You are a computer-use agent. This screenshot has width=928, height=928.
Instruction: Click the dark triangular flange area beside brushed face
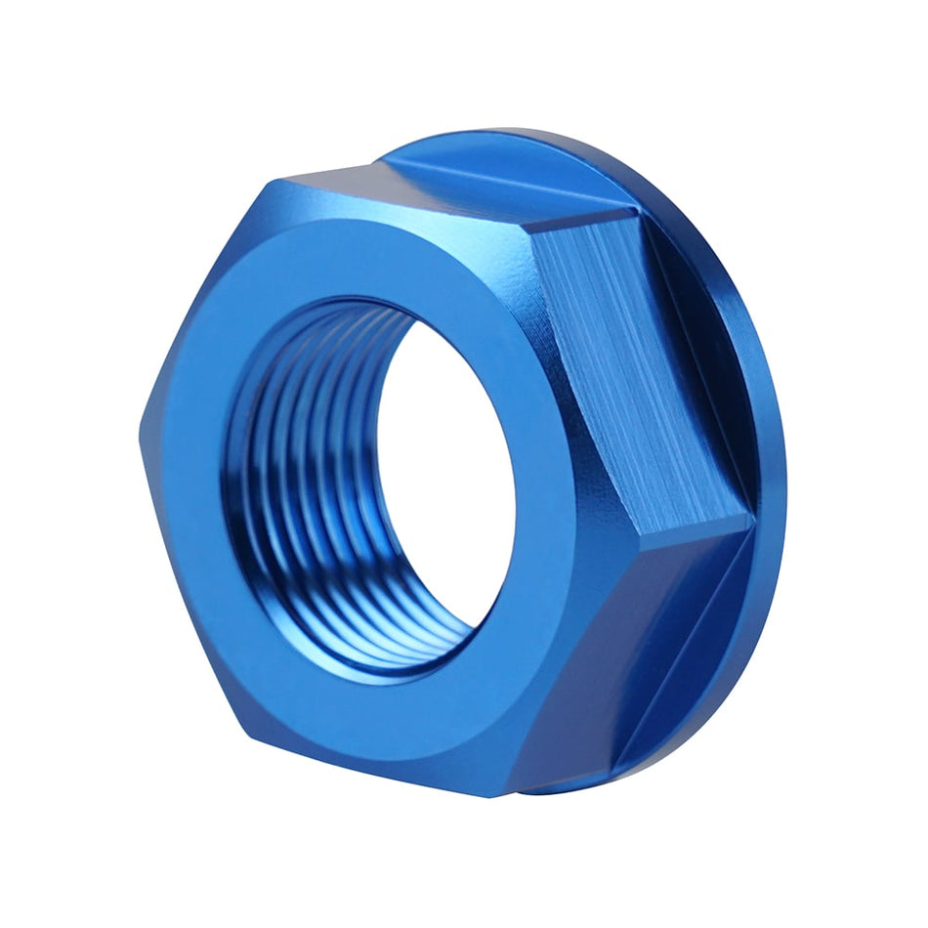(x=703, y=322)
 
